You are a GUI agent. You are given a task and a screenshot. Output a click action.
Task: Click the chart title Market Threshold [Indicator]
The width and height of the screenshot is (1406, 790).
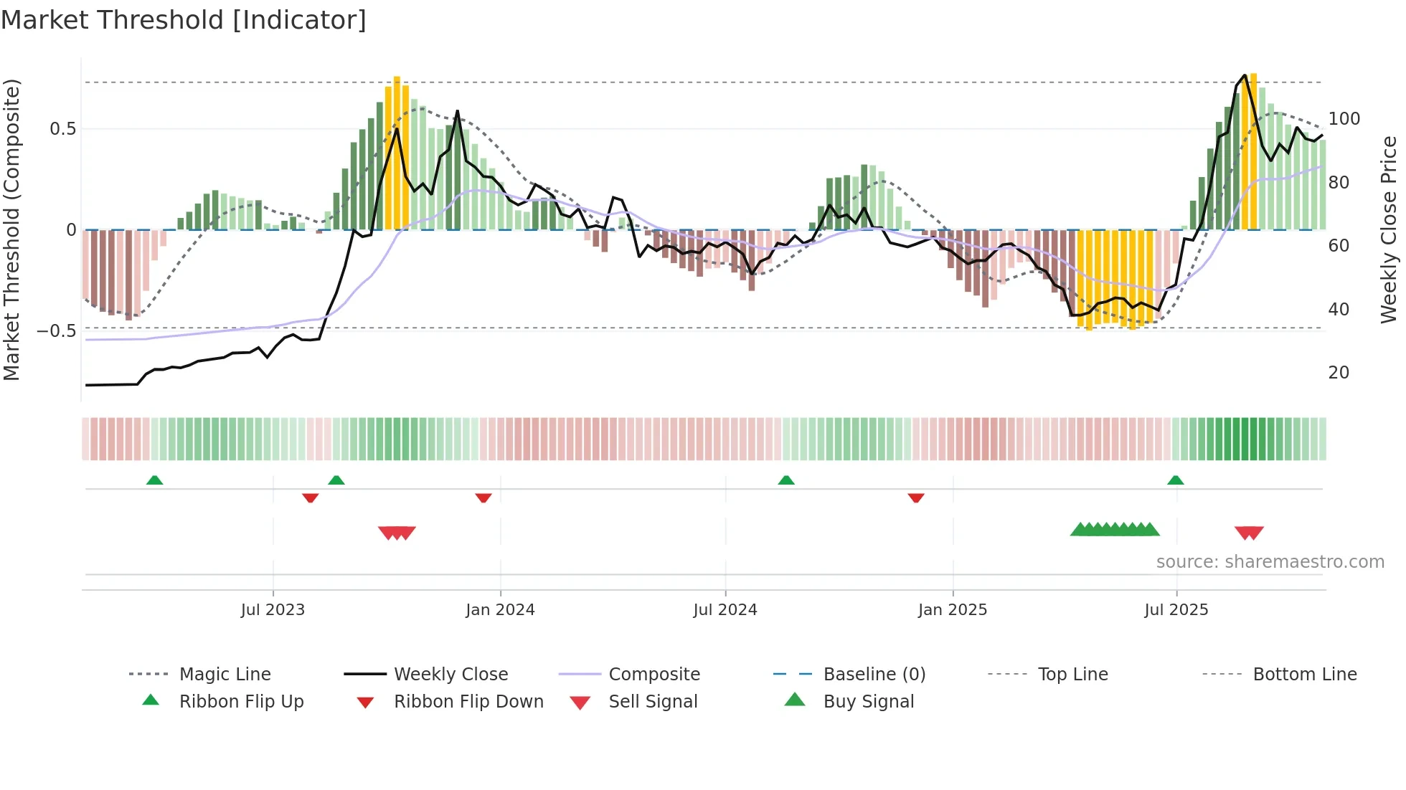(x=184, y=20)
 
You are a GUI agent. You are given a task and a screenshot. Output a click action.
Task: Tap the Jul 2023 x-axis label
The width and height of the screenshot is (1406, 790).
(x=273, y=610)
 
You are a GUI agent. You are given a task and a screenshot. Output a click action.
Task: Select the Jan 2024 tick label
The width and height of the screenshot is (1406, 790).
(x=500, y=610)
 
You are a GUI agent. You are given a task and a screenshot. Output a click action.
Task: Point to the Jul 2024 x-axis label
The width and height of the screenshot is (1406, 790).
(x=725, y=610)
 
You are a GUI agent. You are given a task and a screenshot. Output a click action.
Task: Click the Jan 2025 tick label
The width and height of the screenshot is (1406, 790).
(x=953, y=610)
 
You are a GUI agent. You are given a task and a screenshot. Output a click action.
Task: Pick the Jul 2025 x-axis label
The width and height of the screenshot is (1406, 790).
(x=1176, y=610)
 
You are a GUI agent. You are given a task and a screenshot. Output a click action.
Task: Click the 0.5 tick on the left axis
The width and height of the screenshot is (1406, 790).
(x=63, y=129)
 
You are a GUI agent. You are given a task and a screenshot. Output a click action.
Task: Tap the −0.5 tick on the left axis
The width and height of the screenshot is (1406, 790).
(x=57, y=331)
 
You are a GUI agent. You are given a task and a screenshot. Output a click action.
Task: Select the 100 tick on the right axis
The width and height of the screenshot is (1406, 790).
(x=1344, y=119)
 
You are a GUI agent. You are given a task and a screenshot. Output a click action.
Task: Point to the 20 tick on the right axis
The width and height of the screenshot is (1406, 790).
(x=1339, y=373)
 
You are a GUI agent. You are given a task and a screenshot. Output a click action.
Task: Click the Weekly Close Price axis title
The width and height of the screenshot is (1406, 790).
(x=1389, y=229)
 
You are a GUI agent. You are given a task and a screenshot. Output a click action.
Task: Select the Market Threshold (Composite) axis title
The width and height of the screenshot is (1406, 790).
(x=11, y=229)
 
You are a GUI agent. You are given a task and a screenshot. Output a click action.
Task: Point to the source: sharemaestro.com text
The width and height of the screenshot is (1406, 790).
(x=1270, y=562)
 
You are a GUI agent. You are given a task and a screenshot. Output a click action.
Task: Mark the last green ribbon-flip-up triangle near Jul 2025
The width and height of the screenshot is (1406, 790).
(x=1175, y=480)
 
